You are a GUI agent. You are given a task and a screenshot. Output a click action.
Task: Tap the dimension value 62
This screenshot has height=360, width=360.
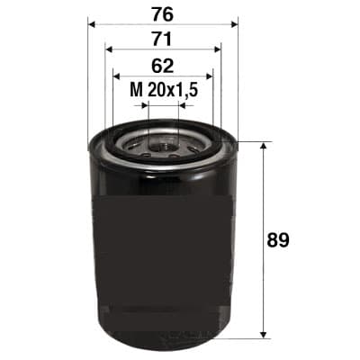pos(162,65)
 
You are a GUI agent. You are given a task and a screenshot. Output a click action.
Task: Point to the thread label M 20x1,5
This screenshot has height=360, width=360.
pos(162,90)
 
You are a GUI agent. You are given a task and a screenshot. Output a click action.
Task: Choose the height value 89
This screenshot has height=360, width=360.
pos(281,240)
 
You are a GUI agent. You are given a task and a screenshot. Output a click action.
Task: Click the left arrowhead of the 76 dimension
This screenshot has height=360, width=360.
pos(92,24)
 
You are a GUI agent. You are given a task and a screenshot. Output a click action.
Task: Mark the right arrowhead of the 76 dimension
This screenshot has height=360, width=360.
pos(233,24)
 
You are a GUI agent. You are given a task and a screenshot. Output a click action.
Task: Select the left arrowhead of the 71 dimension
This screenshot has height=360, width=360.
pos(109,50)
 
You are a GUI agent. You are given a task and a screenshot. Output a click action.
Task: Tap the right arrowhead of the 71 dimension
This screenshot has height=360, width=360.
pos(217,50)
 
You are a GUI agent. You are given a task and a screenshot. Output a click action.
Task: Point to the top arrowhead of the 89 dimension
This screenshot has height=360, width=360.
pos(262,147)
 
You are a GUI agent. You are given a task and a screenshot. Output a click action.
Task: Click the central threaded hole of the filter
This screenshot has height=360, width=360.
pos(163,142)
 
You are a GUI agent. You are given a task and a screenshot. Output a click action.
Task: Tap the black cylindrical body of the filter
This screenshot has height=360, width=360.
pos(162,243)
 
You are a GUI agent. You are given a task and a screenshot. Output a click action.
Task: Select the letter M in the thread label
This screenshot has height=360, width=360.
pos(135,90)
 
